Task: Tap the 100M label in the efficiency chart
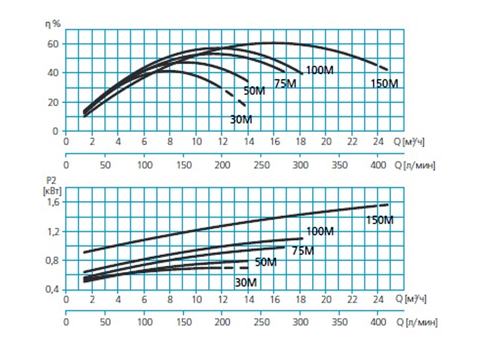point(319,71)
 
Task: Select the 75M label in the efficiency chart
point(286,83)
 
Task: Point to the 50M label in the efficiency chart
point(254,91)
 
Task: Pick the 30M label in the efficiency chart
point(241,119)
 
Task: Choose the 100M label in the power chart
point(320,232)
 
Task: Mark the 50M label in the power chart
point(266,262)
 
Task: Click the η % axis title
point(53,24)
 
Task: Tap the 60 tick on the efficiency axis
point(53,44)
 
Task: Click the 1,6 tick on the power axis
point(53,202)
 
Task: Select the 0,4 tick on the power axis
point(53,290)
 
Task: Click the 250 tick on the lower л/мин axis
point(261,322)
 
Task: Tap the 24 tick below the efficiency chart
point(377,142)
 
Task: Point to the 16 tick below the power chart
point(274,298)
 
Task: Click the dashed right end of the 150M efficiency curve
point(383,67)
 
